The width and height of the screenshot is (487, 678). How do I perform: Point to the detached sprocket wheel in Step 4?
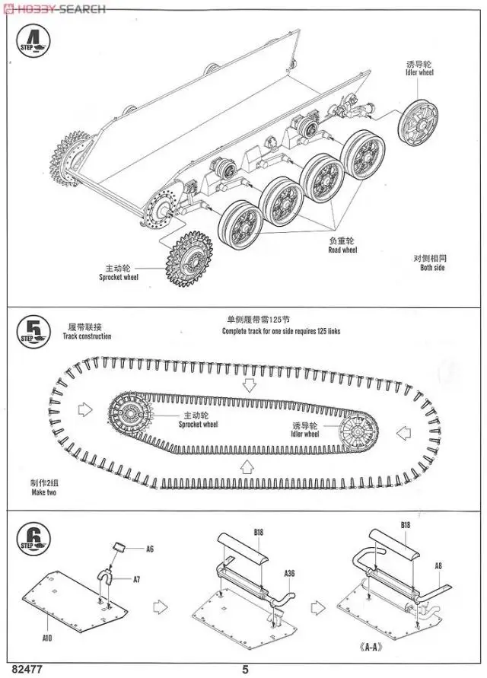pyautogui.click(x=186, y=259)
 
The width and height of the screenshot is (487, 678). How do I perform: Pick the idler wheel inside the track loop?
pyautogui.click(x=355, y=434)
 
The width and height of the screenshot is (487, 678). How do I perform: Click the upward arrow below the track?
pyautogui.click(x=246, y=465)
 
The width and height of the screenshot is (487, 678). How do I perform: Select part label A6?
pyautogui.click(x=151, y=548)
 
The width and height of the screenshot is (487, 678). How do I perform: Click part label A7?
pyautogui.click(x=136, y=579)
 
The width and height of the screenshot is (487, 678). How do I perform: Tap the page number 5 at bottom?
pyautogui.click(x=245, y=669)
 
